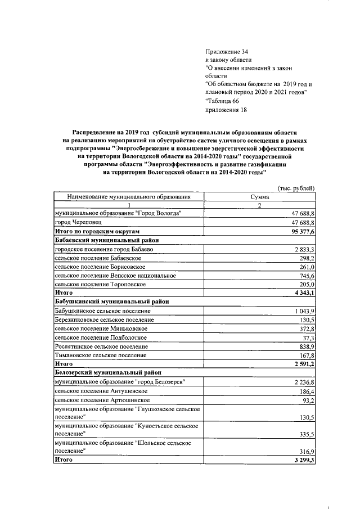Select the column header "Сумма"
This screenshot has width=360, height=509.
click(259, 197)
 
